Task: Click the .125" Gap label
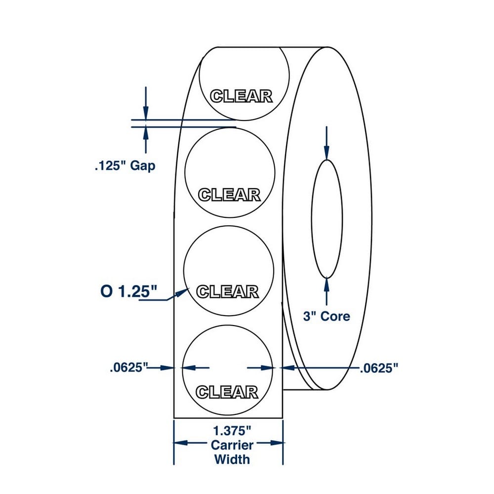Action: (x=125, y=165)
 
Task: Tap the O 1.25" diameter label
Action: (x=128, y=291)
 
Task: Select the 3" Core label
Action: (x=327, y=316)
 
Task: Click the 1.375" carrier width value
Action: (x=232, y=430)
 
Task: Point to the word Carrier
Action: (x=232, y=445)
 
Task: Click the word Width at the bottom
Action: (x=232, y=459)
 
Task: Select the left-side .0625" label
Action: (x=128, y=368)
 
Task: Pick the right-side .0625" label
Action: (x=379, y=368)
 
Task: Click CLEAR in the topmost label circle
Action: (x=241, y=96)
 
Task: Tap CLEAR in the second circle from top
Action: (x=229, y=195)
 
